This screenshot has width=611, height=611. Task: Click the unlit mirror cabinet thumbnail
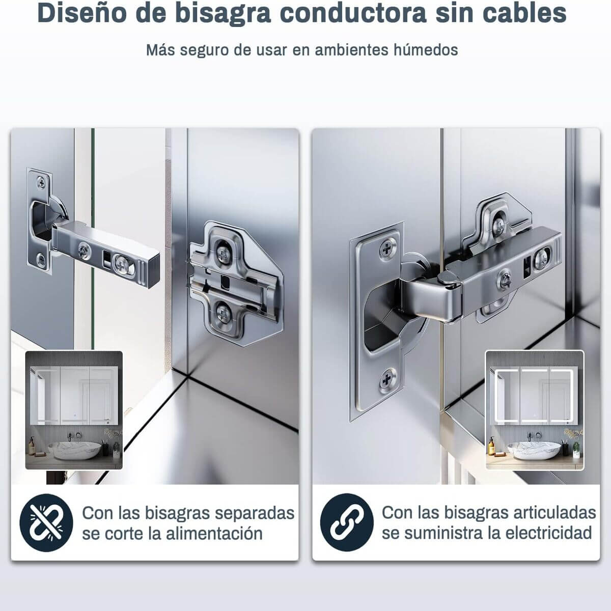(x=74, y=410)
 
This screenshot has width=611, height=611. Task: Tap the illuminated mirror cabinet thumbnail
(x=534, y=410)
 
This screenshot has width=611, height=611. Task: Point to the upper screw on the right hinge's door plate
(x=389, y=249)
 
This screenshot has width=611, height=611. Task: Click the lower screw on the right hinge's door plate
(x=388, y=379)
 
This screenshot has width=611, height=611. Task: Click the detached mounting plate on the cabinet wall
(x=234, y=283)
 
